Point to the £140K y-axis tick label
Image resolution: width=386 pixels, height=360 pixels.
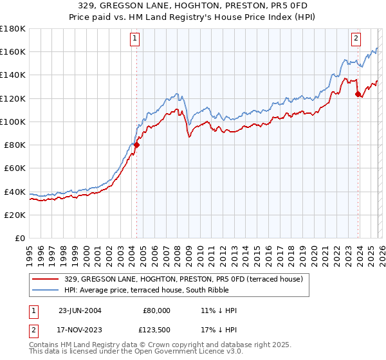pyautogui.click(x=12, y=75)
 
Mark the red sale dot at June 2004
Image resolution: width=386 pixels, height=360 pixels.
pyautogui.click(x=136, y=145)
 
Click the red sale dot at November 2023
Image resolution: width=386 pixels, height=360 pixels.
pyautogui.click(x=357, y=94)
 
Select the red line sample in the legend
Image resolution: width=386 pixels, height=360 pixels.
pyautogui.click(x=47, y=278)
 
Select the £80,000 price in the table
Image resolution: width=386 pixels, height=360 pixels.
pyautogui.click(x=156, y=310)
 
